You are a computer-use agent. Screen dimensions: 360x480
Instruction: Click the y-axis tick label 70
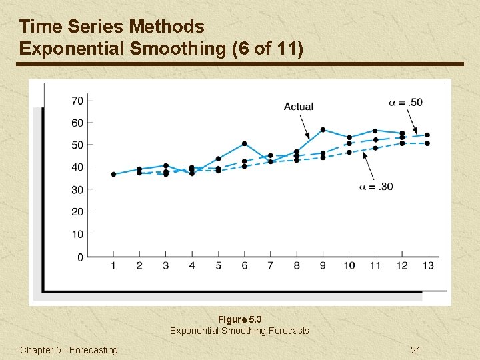pyautogui.click(x=77, y=101)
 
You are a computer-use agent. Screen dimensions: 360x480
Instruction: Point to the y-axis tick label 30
pyautogui.click(x=77, y=190)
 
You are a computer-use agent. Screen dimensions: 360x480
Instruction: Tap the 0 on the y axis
pyautogui.click(x=80, y=257)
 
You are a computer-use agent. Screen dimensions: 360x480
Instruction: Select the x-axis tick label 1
pyautogui.click(x=113, y=266)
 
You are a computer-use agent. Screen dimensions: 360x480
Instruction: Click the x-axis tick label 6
pyautogui.click(x=245, y=266)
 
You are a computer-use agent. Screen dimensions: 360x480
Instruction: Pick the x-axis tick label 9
pyautogui.click(x=323, y=266)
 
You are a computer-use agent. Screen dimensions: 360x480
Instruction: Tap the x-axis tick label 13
pyautogui.click(x=427, y=266)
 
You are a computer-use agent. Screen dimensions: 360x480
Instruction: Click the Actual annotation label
pyautogui.click(x=298, y=107)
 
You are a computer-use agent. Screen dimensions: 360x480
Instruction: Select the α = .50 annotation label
pyautogui.click(x=405, y=102)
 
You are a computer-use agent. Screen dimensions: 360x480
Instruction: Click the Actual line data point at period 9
pyautogui.click(x=323, y=129)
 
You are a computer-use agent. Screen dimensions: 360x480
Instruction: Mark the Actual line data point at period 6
pyautogui.click(x=245, y=143)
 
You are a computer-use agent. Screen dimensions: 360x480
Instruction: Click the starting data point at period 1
pyautogui.click(x=113, y=174)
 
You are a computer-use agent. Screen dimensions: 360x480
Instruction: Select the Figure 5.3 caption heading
pyautogui.click(x=239, y=319)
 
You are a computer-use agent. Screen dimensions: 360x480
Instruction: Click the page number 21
pyautogui.click(x=416, y=350)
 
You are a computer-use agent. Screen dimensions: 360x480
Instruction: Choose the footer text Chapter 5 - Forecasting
pyautogui.click(x=69, y=350)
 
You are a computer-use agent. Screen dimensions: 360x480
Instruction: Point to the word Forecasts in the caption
pyautogui.click(x=288, y=331)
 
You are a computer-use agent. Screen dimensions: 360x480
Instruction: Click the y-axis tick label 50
pyautogui.click(x=77, y=145)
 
